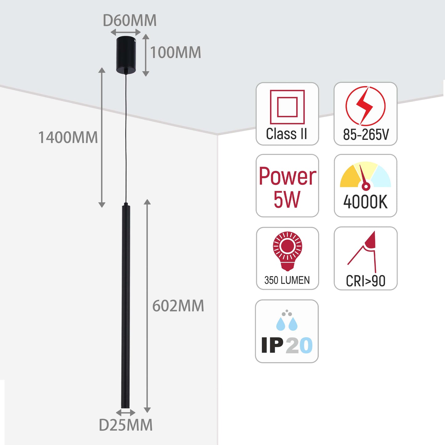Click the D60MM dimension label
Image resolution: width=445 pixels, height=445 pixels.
pos(130,21)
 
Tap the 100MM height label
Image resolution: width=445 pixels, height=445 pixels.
pos(176,52)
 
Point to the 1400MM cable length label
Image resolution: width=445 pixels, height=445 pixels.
pos(68,137)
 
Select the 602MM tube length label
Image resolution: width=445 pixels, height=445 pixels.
pos(178,306)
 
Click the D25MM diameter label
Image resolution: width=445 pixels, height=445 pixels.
pos(126,425)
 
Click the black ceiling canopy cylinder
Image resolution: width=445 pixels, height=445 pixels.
pos(126,55)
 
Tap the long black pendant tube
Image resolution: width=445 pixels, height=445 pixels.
pos(126,305)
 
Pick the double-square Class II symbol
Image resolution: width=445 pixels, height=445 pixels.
pos(287,107)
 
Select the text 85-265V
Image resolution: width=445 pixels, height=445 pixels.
pos(366,135)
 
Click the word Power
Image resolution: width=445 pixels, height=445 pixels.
pos(287,176)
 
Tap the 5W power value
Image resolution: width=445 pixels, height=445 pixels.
pos(287,200)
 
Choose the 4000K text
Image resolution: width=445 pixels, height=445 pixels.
pos(366,202)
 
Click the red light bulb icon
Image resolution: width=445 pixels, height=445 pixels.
pos(287,250)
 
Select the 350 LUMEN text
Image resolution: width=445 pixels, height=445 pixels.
pos(287,280)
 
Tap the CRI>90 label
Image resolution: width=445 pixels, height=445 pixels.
pos(366,281)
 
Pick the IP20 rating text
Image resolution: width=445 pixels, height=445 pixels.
pos(287,345)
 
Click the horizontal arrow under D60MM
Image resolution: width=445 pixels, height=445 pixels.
pos(126,32)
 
